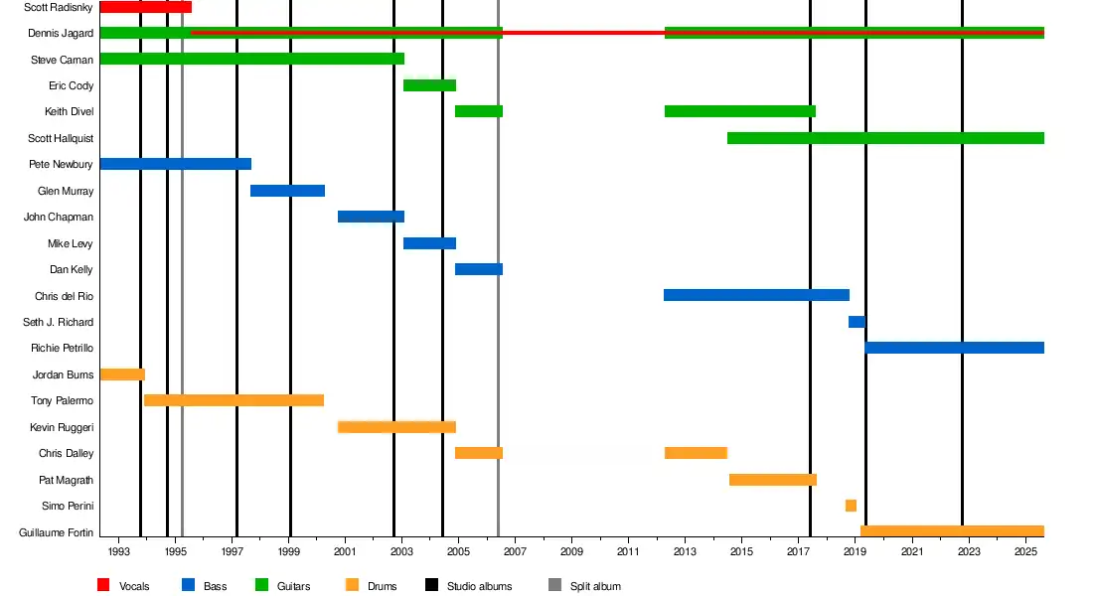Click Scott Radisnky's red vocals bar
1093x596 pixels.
pos(145,7)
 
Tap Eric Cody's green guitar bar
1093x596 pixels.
pos(429,85)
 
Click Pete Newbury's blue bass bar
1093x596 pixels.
pos(175,164)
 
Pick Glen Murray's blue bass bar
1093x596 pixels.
pos(287,191)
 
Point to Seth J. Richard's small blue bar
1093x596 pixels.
pos(857,322)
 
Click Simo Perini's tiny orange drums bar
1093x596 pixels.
pos(851,506)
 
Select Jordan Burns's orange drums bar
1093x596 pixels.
pos(122,374)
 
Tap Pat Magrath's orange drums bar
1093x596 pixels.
pos(772,480)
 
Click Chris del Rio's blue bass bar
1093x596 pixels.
pos(756,295)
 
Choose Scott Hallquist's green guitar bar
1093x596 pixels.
pos(885,138)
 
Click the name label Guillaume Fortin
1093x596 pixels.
pos(57,533)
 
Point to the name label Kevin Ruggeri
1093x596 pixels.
pos(62,427)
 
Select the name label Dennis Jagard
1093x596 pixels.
pos(62,34)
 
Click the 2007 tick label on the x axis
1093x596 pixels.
pos(515,551)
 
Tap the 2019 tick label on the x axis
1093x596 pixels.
pos(855,551)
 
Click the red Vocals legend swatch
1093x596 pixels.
pos(103,585)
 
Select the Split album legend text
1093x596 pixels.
pos(595,586)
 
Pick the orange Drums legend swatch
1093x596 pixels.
pos(351,585)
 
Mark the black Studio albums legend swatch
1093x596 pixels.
pos(431,585)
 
